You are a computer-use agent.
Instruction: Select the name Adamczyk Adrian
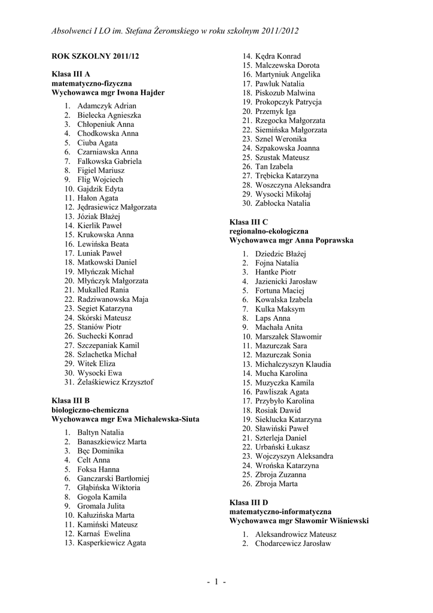[107, 106]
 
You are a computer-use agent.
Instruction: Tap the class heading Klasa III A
[71, 74]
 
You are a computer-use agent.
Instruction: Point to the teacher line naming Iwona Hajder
[108, 93]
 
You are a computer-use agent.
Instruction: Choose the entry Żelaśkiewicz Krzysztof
[115, 382]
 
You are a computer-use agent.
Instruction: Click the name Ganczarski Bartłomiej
[113, 478]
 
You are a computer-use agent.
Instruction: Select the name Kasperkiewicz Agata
[111, 543]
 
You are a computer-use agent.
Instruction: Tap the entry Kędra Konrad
[278, 56]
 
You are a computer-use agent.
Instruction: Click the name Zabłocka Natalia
[282, 204]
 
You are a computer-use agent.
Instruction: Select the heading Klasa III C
[248, 222]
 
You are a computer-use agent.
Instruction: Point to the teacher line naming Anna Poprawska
[291, 240]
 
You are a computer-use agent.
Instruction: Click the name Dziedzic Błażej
[280, 254]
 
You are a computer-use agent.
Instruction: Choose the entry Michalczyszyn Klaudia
[293, 364]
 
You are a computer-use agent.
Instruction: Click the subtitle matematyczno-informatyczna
[280, 512]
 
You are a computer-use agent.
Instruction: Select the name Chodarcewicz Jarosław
[292, 544]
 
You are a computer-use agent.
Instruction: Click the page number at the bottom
[216, 581]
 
